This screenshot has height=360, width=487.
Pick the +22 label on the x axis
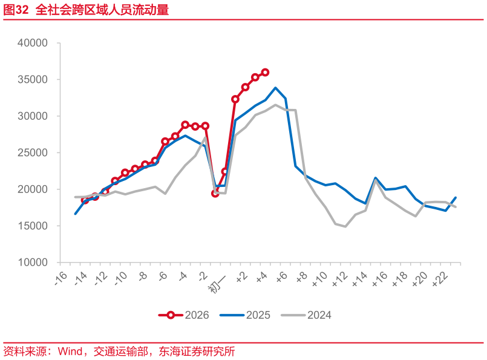click(440, 280)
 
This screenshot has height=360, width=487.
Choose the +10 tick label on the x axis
click(319, 280)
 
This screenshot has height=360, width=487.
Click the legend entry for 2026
click(184, 315)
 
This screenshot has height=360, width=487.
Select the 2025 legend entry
click(245, 315)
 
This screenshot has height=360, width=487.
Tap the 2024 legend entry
click(306, 315)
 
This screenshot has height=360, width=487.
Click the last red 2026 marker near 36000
click(265, 72)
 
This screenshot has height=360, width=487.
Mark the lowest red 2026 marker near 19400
click(215, 194)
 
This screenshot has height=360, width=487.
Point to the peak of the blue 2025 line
click(275, 88)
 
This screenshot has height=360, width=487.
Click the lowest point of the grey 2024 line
click(345, 226)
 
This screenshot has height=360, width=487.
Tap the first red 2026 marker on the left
click(85, 200)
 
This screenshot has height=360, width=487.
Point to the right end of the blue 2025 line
click(456, 198)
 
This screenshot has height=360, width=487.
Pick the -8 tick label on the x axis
click(142, 278)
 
